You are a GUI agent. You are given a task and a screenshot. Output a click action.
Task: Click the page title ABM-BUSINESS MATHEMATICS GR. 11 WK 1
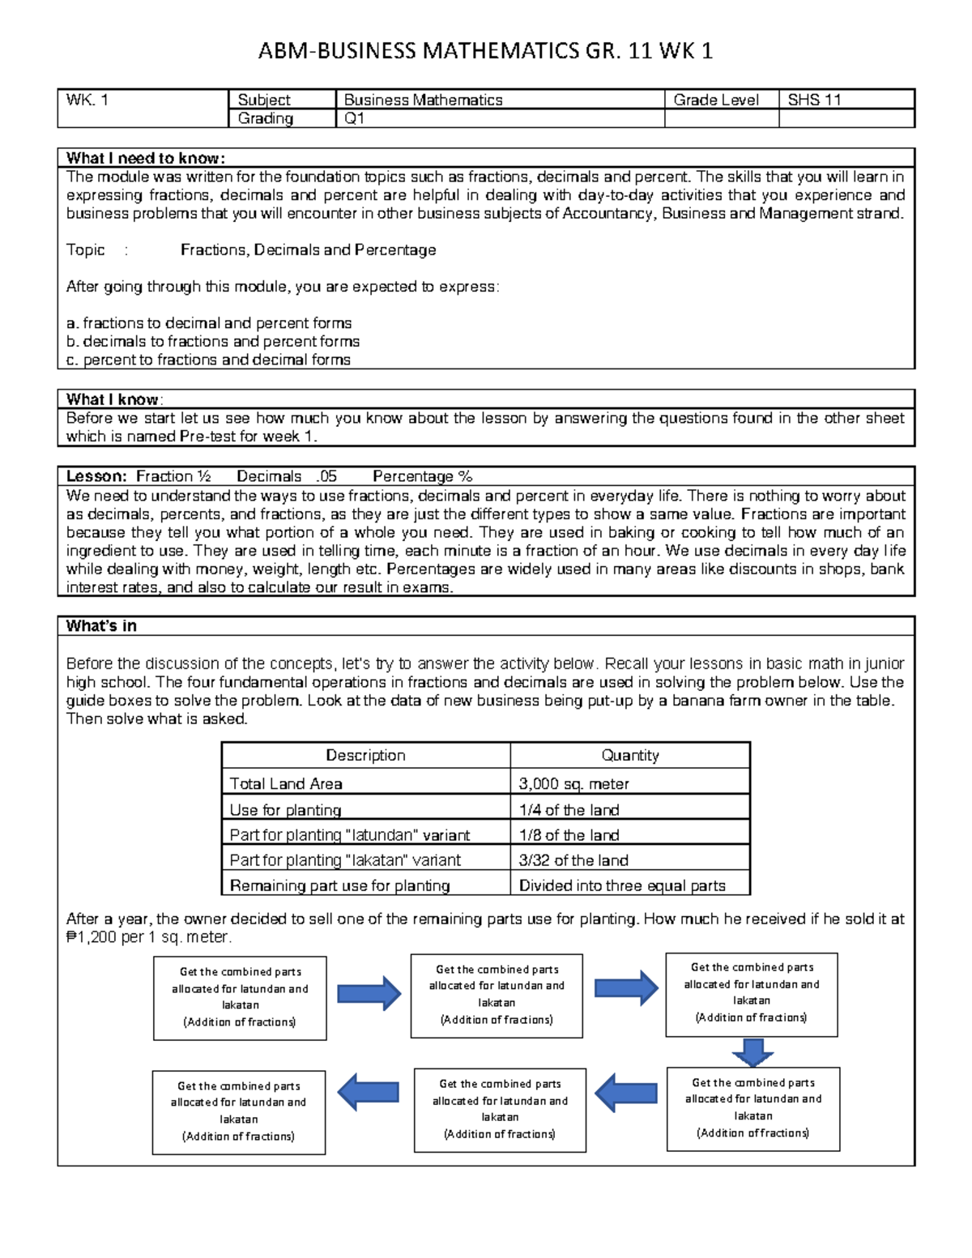485,52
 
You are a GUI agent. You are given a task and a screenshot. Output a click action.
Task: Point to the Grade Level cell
715,100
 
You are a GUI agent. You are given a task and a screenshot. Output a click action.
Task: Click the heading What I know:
114,399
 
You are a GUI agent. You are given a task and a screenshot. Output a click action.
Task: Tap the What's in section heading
101,625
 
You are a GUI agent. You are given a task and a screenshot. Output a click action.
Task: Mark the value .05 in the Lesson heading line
327,476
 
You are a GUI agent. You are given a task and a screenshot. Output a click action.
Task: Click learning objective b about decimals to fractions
213,341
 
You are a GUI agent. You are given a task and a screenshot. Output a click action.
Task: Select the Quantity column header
629,755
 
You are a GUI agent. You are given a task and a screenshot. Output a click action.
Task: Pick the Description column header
365,755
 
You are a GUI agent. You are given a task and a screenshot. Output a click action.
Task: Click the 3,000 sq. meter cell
573,783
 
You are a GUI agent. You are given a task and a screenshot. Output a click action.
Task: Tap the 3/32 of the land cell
573,859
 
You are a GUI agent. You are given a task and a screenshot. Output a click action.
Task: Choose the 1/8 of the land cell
569,834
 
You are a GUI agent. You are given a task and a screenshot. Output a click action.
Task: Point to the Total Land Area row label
286,783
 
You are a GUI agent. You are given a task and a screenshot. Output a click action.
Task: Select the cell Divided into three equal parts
622,885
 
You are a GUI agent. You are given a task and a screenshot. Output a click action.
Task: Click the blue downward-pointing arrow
752,1052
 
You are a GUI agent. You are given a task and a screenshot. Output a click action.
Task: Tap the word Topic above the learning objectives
86,249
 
